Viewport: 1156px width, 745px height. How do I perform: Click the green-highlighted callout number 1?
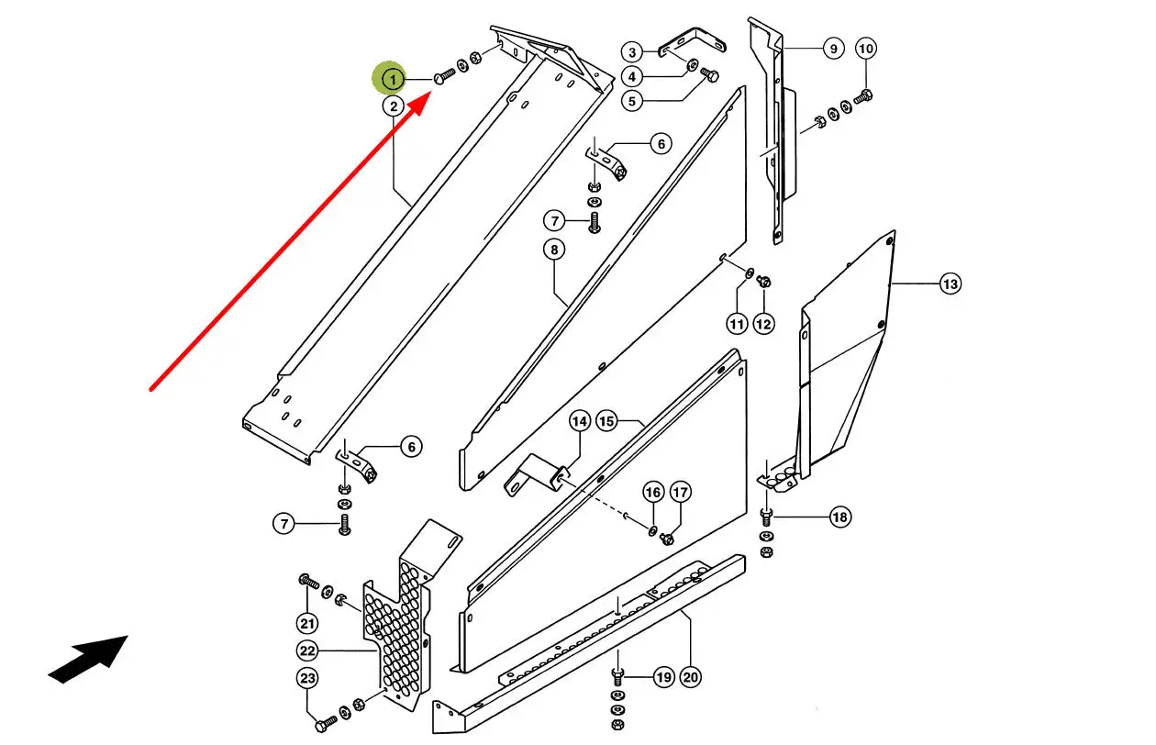393,80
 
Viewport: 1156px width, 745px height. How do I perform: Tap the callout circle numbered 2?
393,106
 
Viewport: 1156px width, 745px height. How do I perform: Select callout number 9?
832,48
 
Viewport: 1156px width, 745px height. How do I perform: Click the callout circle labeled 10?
866,48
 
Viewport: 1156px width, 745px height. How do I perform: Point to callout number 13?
950,284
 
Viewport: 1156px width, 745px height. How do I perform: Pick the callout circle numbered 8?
553,249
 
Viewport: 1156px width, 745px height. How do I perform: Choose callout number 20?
690,678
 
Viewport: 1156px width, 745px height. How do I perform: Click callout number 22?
307,650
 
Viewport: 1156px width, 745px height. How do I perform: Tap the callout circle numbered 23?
307,679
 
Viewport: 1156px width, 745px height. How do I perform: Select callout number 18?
839,517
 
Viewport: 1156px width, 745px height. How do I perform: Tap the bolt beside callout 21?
307,581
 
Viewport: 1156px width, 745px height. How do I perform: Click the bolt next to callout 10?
863,95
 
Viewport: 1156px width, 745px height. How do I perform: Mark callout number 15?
606,421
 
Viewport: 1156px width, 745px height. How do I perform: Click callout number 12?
764,323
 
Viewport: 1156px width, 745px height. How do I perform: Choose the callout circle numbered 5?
632,101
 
